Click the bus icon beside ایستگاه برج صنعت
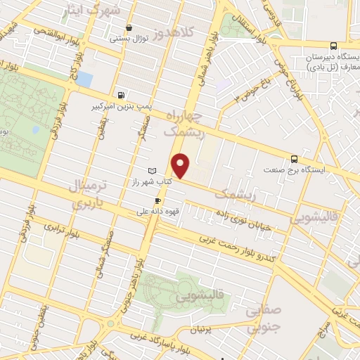pyautogui.click(x=295, y=159)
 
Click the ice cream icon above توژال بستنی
pyautogui.click(x=127, y=29)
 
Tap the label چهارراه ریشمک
pyautogui.click(x=185, y=122)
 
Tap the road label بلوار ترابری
pyautogui.click(x=65, y=229)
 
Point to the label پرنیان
pyautogui.click(x=202, y=329)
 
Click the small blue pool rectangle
pyautogui.click(x=84, y=79)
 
